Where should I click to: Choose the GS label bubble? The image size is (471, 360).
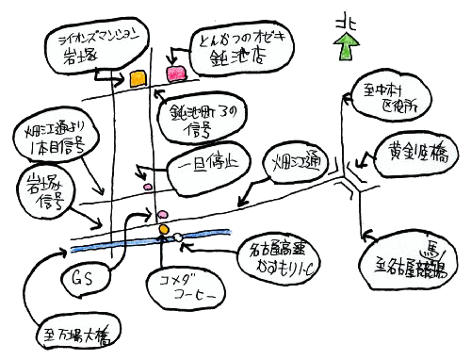tap(83, 279)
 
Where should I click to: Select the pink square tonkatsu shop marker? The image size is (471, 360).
tap(175, 74)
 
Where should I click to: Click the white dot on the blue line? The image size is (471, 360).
tap(176, 237)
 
